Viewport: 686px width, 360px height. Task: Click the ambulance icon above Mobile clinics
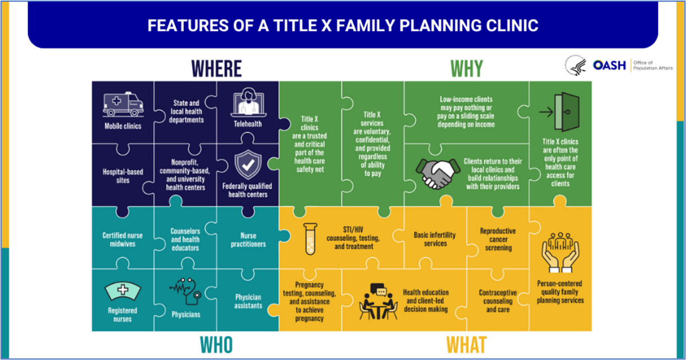(122, 105)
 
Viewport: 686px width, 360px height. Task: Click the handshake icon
(435, 174)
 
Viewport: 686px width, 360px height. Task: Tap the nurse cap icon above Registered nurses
(122, 291)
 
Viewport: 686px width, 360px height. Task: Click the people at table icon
(378, 302)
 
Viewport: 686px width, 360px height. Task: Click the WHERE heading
(216, 69)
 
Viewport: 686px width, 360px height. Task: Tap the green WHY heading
(466, 69)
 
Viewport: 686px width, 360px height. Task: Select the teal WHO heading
(216, 344)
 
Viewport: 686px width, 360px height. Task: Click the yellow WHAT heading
(466, 344)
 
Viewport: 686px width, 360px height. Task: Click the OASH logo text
(609, 66)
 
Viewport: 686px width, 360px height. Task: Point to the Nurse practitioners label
(248, 240)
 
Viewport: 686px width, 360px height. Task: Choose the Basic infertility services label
(435, 239)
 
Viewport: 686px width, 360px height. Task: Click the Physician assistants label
(248, 302)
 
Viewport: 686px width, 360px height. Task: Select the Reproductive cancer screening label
(498, 239)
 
